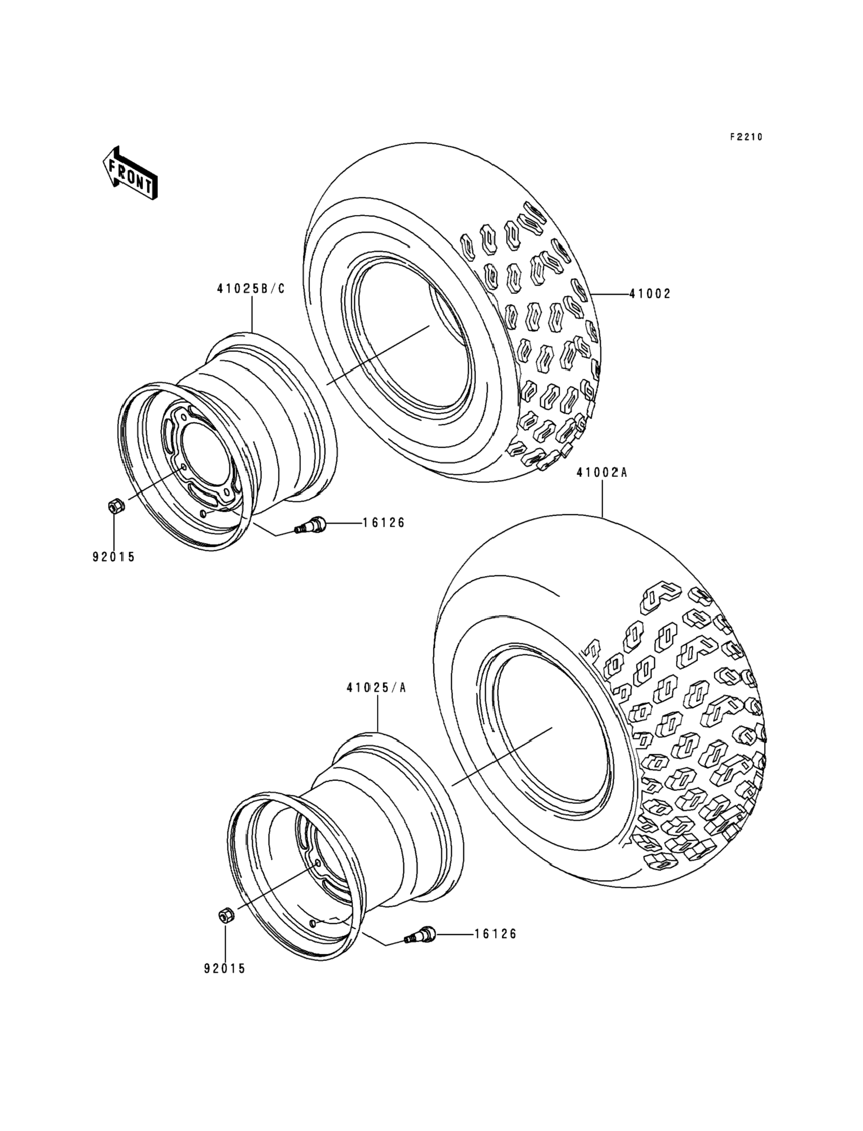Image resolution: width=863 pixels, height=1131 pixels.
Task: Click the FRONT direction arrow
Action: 130,172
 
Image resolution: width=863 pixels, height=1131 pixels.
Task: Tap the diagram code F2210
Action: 746,137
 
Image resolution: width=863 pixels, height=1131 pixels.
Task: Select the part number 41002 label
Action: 650,294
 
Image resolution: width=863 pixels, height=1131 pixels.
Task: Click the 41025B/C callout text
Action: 250,289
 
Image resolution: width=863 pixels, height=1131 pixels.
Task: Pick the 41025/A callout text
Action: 376,688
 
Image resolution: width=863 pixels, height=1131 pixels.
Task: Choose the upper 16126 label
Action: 384,523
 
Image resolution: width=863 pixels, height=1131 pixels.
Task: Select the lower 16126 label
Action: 495,934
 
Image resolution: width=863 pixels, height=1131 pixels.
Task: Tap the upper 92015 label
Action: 113,557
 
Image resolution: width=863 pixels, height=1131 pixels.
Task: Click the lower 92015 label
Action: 225,969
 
